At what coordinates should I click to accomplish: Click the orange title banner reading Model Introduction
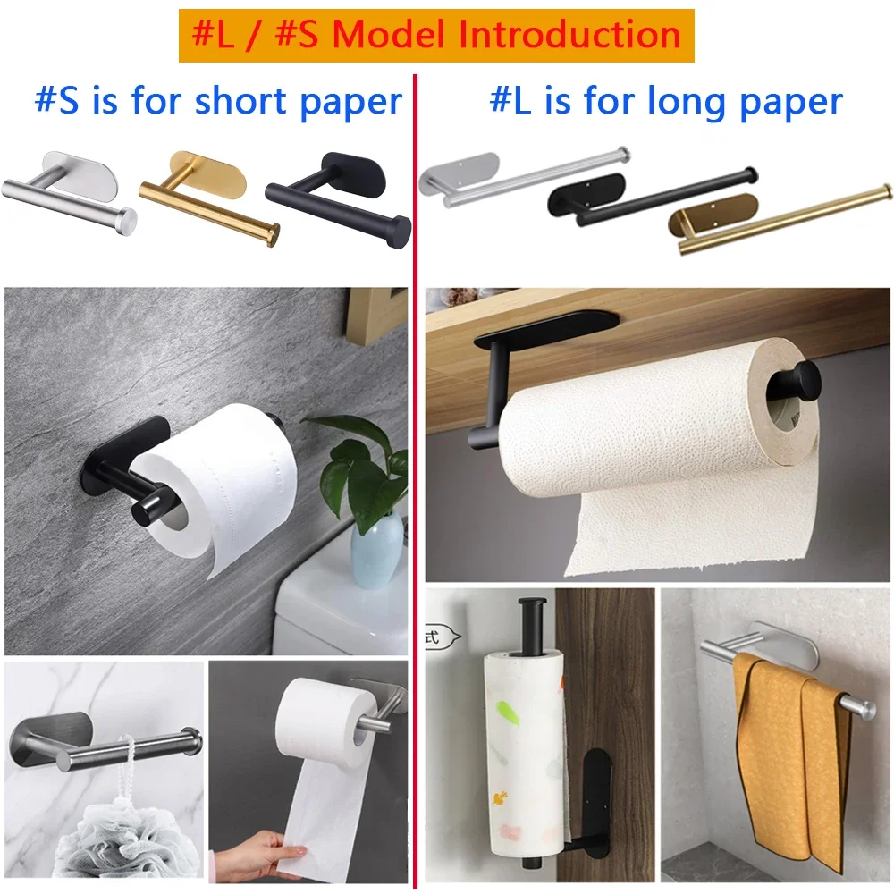[436, 35]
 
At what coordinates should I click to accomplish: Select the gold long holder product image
[778, 219]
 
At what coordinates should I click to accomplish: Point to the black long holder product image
[653, 195]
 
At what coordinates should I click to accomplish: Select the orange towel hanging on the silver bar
[787, 760]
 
